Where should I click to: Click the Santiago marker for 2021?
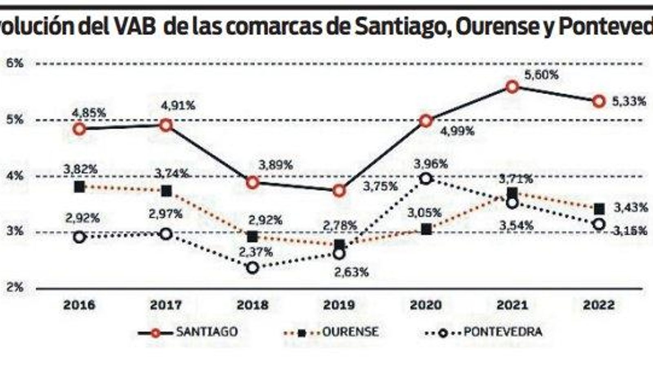512,86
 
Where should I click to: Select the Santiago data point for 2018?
253,182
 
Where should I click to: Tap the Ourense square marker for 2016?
80,187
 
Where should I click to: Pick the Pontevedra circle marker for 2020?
426,178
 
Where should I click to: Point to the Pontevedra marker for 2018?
253,268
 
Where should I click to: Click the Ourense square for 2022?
599,209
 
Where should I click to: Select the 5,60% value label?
541,75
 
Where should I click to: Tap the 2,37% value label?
255,252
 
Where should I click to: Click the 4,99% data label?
457,131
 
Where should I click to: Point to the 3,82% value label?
80,169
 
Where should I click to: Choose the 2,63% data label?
351,272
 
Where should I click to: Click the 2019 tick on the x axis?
339,305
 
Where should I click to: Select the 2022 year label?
599,305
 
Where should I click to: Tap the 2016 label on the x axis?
80,305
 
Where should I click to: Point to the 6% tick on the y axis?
15,63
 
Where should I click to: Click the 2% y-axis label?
15,288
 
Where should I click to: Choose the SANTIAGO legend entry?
207,332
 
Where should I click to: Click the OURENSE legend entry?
350,332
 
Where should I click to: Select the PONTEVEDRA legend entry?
503,332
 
